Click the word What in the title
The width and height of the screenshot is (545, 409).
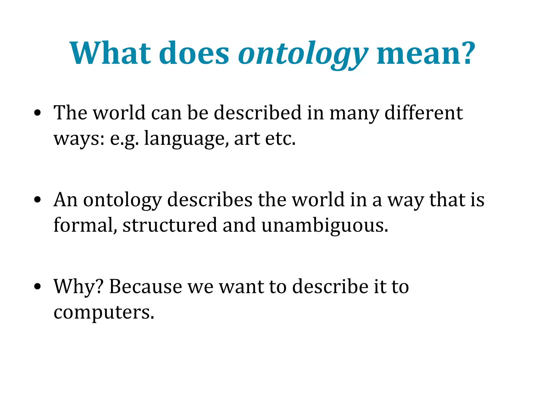[x=110, y=53]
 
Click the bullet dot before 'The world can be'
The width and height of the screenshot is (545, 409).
[x=38, y=113]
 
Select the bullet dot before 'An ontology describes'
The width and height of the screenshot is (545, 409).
[x=38, y=200]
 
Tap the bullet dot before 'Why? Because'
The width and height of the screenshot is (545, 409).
[x=38, y=287]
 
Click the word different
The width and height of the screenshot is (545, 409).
[x=424, y=113]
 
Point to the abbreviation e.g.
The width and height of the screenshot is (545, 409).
[x=124, y=139]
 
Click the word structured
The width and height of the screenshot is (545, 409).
[x=170, y=225]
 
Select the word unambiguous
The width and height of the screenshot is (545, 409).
[x=325, y=225]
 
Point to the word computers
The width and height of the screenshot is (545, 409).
[x=104, y=312]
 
